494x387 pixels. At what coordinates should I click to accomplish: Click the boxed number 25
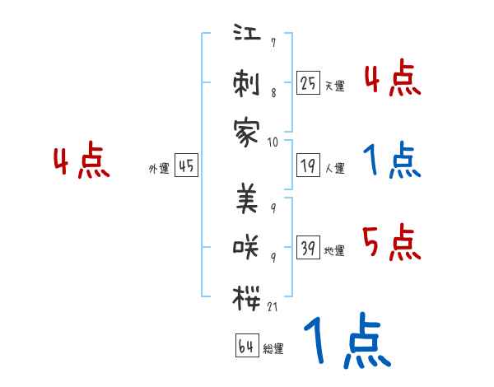308,82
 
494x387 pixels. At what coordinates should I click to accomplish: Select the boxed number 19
308,166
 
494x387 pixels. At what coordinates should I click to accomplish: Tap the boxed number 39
308,248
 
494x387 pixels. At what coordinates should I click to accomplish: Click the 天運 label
334,86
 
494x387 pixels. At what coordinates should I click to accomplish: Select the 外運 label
158,169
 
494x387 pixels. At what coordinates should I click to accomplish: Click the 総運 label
273,348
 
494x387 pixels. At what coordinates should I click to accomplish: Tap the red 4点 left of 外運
82,162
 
